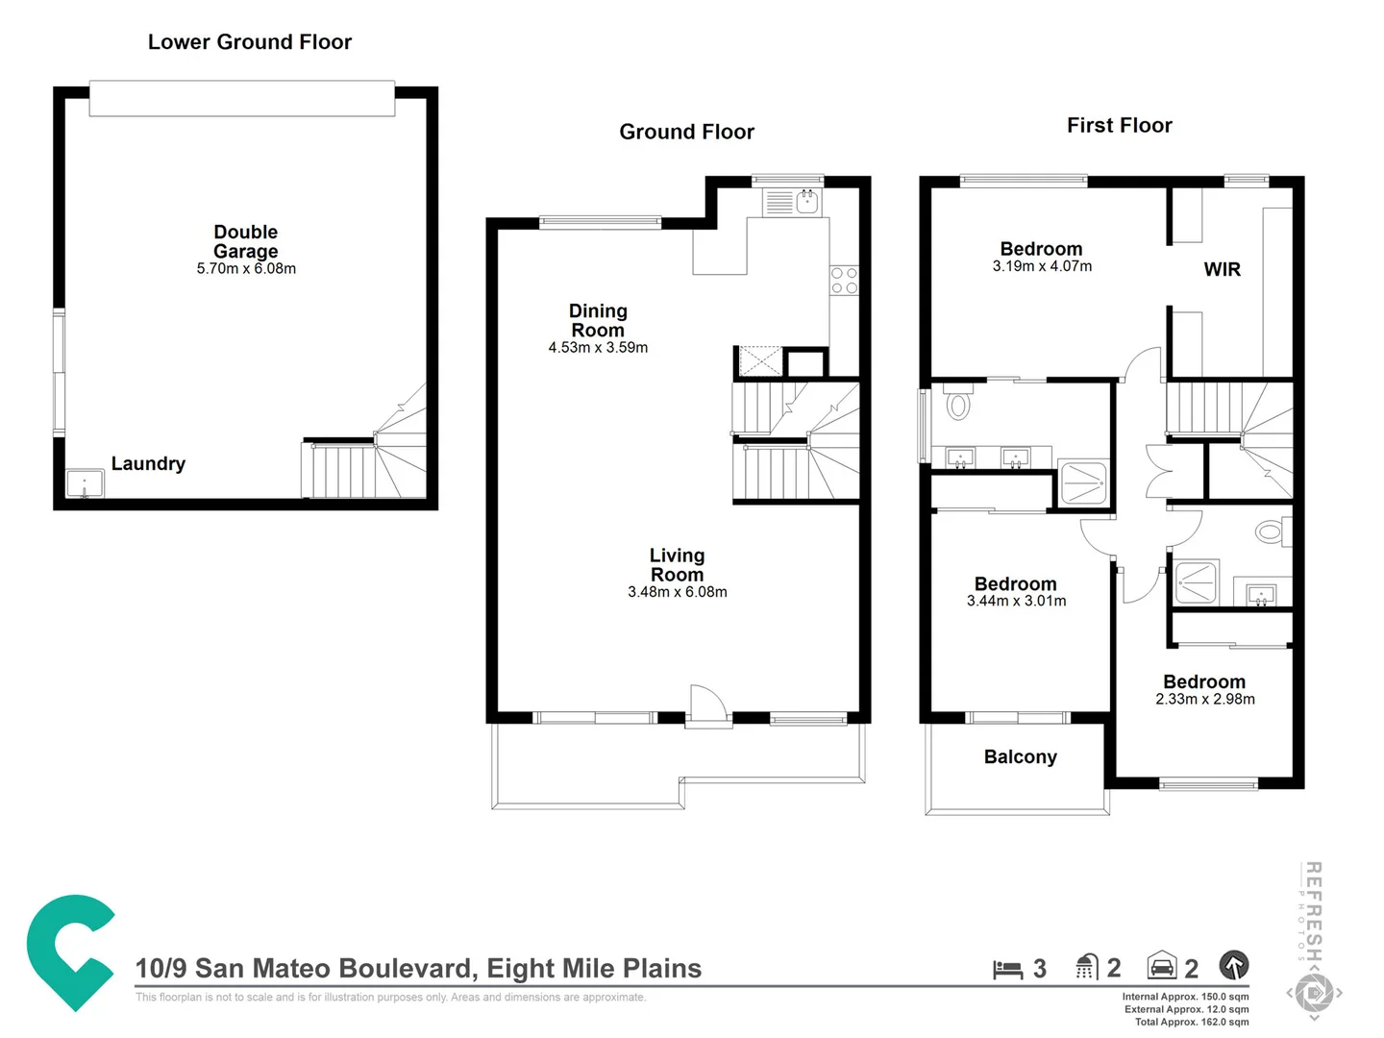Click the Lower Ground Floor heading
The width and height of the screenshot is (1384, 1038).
pyautogui.click(x=250, y=42)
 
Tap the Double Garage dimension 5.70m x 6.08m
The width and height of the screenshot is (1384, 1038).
pyautogui.click(x=246, y=269)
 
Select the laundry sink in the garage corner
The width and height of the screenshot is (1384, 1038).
pyautogui.click(x=85, y=483)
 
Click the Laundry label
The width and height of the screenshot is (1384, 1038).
pyautogui.click(x=148, y=463)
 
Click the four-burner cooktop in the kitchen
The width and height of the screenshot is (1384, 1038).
pyautogui.click(x=844, y=281)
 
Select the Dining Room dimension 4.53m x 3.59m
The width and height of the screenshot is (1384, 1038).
pyautogui.click(x=598, y=348)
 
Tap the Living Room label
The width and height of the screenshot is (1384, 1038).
pyautogui.click(x=677, y=565)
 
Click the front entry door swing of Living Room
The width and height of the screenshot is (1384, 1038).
pyautogui.click(x=707, y=704)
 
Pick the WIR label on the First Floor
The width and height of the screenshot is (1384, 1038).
pyautogui.click(x=1222, y=270)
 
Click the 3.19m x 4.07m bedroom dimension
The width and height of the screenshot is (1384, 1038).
pyautogui.click(x=1042, y=267)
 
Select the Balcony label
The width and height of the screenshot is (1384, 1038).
pyautogui.click(x=1020, y=757)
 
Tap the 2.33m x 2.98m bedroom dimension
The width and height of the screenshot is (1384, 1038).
pyautogui.click(x=1204, y=700)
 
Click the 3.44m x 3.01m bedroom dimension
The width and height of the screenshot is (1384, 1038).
pyautogui.click(x=1016, y=602)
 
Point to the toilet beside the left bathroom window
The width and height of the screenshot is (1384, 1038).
pyautogui.click(x=958, y=403)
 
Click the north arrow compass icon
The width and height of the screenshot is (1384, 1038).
pyautogui.click(x=1234, y=965)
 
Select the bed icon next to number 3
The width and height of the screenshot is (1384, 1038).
pyautogui.click(x=1007, y=969)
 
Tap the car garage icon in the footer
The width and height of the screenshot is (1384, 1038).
pyautogui.click(x=1162, y=966)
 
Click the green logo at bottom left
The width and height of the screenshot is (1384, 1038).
pyautogui.click(x=69, y=951)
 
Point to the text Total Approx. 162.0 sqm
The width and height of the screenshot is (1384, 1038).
pyautogui.click(x=1191, y=1022)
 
